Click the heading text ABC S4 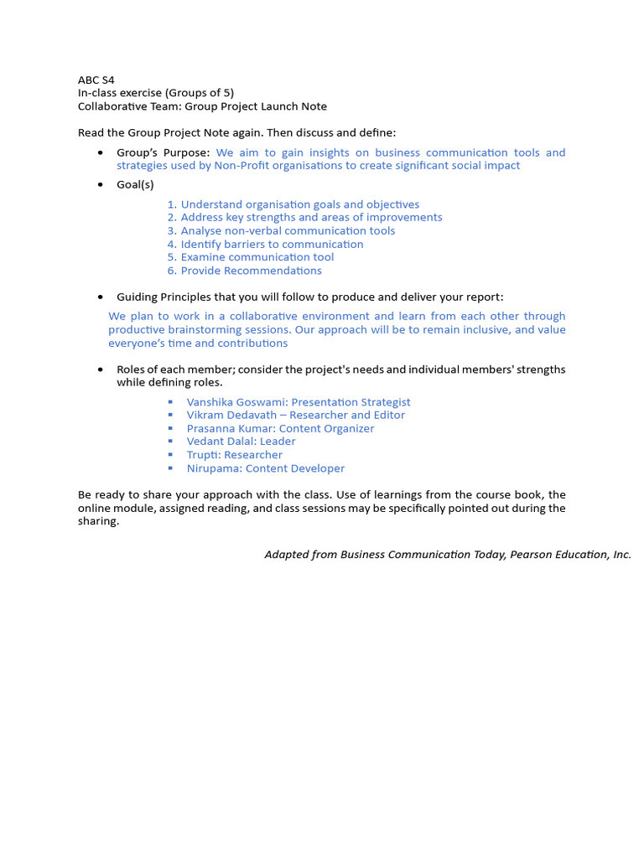96,80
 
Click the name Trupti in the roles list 204,455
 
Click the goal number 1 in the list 171,204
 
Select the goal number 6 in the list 171,271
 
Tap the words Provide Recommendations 252,271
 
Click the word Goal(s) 135,184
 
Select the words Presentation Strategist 351,402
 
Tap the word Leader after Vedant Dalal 278,442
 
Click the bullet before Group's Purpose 101,152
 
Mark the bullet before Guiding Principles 101,297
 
